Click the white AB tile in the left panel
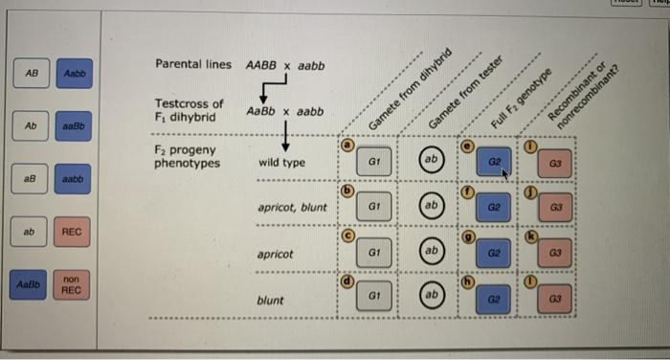click(32, 73)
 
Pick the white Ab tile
click(32, 125)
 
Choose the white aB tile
click(32, 179)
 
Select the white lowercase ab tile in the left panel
click(32, 232)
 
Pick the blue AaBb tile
click(32, 285)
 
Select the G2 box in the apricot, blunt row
click(495, 207)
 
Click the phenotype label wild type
click(282, 163)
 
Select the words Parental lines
click(192, 65)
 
